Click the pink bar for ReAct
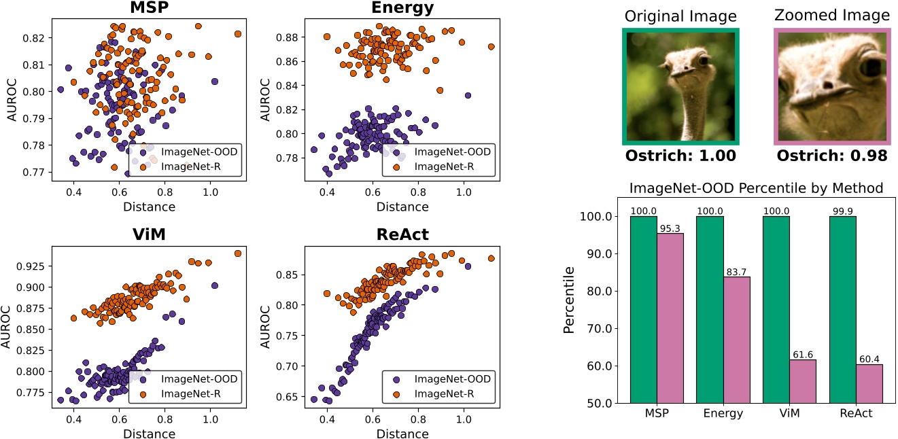pos(869,383)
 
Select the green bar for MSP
pos(643,309)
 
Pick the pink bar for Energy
pos(736,340)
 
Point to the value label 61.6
pos(803,354)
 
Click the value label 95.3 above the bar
pos(670,228)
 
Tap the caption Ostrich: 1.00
pos(680,156)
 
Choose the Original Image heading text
pos(680,15)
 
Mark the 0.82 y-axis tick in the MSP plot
pos(34,38)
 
